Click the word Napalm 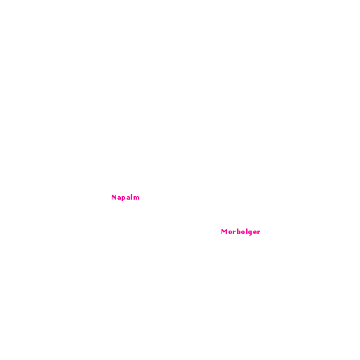pos(125,198)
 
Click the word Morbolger pos(240,232)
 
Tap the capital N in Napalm pos(114,198)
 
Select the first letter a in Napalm pos(119,198)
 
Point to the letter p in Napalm pos(124,198)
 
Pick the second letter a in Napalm pos(129,198)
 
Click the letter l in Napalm pos(132,197)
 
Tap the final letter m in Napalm pos(136,198)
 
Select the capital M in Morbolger pos(224,231)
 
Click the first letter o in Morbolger pos(230,233)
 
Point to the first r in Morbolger pos(234,233)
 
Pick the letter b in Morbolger pos(239,231)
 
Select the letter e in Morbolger pos(255,233)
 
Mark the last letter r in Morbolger pos(259,233)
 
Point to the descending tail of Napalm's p pos(122,200)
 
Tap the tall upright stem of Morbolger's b pos(238,231)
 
